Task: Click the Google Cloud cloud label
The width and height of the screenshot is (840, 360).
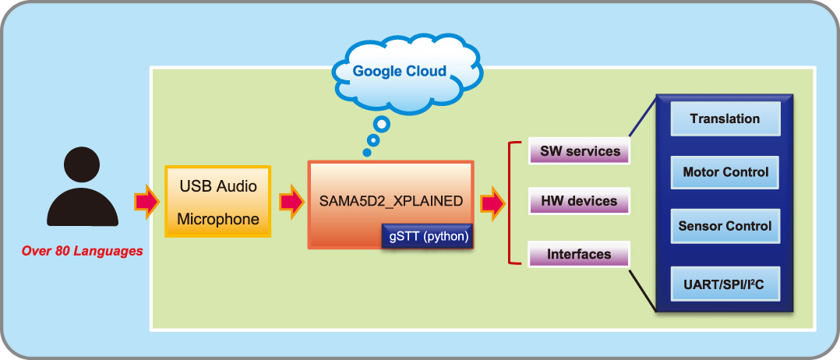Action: [x=400, y=72]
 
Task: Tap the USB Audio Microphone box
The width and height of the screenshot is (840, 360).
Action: [x=218, y=201]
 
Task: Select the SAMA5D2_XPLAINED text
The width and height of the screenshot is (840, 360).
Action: [x=391, y=200]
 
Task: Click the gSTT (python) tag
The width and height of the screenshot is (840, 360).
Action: [x=429, y=236]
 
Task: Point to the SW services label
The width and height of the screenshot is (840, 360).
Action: [x=580, y=151]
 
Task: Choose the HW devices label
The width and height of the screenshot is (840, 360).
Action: [x=580, y=201]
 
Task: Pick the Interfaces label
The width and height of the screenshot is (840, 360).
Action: [x=580, y=254]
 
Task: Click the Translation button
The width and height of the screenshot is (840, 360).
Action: [x=725, y=119]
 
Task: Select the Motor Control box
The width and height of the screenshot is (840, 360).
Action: [x=725, y=172]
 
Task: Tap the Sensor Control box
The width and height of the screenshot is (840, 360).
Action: [x=725, y=226]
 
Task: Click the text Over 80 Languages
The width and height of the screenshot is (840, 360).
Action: [x=82, y=251]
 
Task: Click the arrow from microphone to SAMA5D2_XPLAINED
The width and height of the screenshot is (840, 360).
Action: [x=291, y=202]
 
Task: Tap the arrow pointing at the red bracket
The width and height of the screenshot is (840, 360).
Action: [x=492, y=203]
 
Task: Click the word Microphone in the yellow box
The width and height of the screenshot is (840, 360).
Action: [x=218, y=219]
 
